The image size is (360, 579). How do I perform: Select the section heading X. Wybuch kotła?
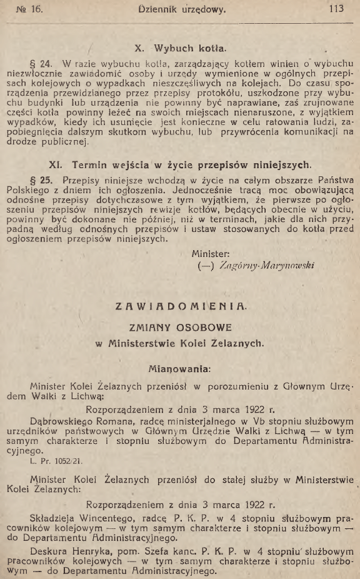point(180,46)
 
